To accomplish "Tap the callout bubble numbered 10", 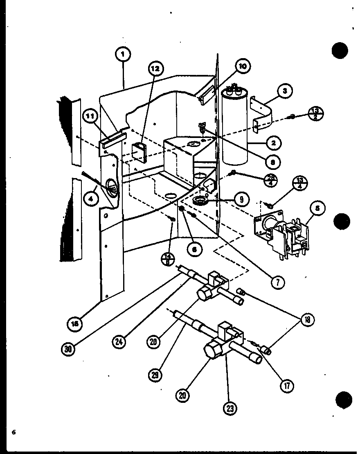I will pyautogui.click(x=243, y=66).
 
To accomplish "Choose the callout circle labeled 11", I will pyautogui.click(x=90, y=117).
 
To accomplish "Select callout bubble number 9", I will pyautogui.click(x=242, y=199).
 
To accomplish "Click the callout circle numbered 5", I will pyautogui.click(x=317, y=208).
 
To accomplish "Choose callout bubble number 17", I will pyautogui.click(x=287, y=385).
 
